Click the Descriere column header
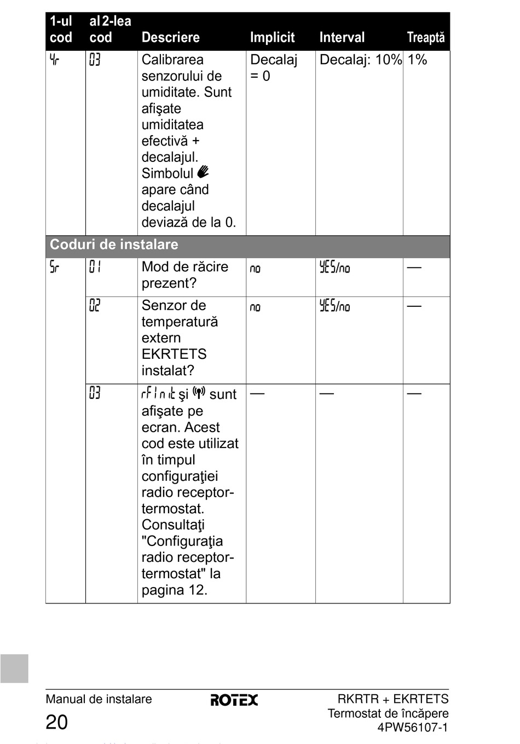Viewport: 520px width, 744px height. [x=170, y=38]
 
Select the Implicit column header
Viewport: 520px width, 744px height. [x=272, y=38]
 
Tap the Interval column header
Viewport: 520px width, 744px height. [x=342, y=38]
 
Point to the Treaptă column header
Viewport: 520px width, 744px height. [x=425, y=38]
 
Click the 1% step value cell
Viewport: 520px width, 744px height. [x=417, y=60]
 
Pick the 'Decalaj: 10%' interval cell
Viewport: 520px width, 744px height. [x=360, y=60]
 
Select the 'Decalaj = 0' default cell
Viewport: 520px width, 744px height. [x=273, y=68]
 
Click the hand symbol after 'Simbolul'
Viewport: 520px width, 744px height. [x=203, y=172]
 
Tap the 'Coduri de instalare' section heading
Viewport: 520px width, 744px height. [x=114, y=245]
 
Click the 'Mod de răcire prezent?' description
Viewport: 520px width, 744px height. [x=184, y=275]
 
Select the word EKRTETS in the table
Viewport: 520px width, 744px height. [x=174, y=354]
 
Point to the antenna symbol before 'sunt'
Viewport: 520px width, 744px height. [x=199, y=393]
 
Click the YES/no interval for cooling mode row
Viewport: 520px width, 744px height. [x=334, y=268]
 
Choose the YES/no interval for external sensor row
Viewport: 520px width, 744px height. [x=334, y=306]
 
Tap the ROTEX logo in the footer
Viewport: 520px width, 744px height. [x=234, y=700]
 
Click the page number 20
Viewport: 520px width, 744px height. [x=56, y=723]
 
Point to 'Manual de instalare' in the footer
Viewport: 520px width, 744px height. [x=99, y=699]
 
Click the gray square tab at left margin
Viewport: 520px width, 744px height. [x=14, y=669]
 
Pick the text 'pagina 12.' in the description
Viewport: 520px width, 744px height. [x=174, y=590]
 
